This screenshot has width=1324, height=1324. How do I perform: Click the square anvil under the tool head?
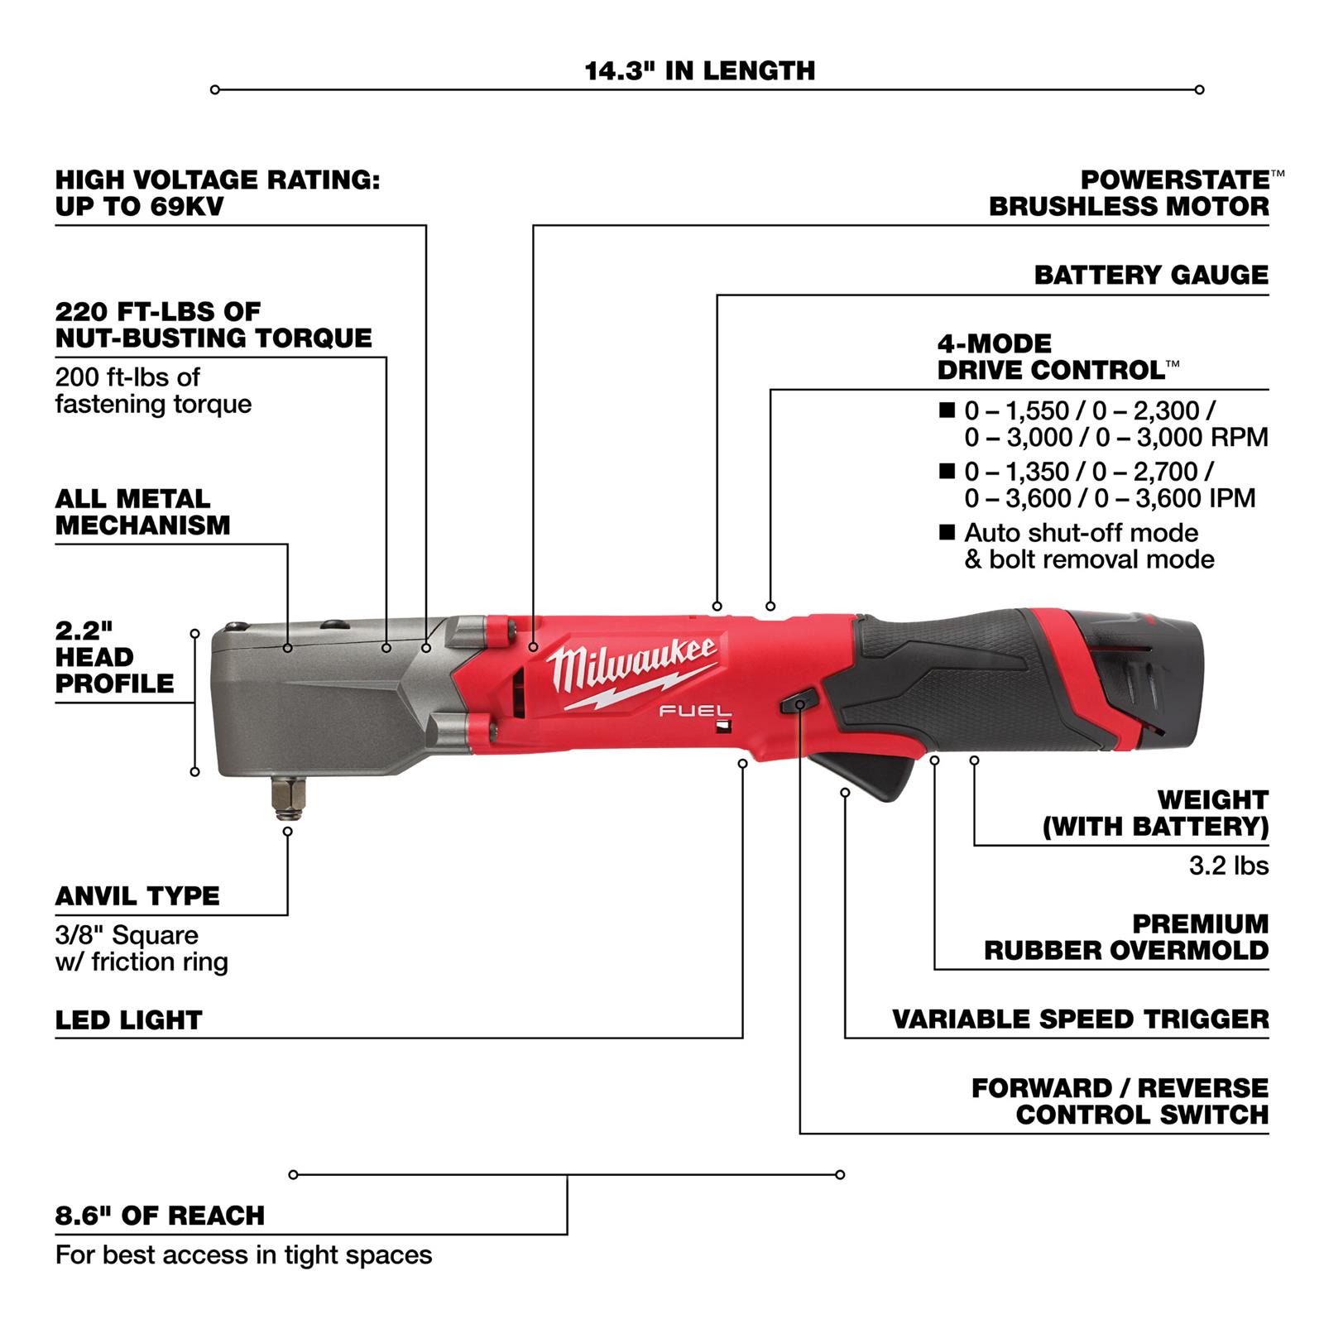coord(286,796)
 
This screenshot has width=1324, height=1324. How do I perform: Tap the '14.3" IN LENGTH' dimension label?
coord(699,71)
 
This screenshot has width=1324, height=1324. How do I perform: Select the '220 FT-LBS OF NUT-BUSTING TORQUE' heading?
coord(213,324)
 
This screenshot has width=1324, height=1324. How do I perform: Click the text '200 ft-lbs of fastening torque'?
coord(153,391)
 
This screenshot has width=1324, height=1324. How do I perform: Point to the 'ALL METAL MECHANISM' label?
coord(142,512)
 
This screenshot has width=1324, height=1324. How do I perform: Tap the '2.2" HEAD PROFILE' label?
coord(114,657)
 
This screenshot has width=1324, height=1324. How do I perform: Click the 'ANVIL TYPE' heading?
coord(137,896)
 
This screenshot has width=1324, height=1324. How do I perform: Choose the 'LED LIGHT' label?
coord(128,1020)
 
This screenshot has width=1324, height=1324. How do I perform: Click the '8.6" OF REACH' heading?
coord(160,1216)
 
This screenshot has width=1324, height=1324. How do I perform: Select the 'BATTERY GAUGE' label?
coord(1150,275)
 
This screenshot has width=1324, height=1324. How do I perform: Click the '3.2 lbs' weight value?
coord(1228,866)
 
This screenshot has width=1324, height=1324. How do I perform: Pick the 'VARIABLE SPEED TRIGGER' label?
coord(1080,1019)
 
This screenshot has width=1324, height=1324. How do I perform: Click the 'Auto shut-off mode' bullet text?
coord(1081,533)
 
